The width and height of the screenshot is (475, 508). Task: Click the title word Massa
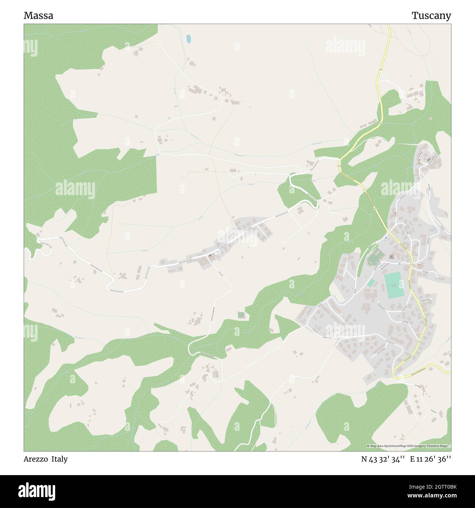[38, 16]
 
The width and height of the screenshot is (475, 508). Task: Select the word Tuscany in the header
[431, 16]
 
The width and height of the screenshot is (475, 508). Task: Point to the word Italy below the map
[60, 459]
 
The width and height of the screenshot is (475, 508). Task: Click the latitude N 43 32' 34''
[383, 459]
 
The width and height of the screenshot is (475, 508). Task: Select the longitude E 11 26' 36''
[430, 459]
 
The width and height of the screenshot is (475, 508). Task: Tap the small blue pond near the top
[189, 38]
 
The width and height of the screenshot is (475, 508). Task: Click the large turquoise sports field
[394, 285]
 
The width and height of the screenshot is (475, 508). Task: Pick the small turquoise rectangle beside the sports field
[371, 283]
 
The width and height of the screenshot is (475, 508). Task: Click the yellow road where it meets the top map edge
[389, 26]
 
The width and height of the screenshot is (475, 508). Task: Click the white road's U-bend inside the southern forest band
[190, 348]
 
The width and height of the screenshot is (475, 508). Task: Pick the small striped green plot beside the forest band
[241, 314]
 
